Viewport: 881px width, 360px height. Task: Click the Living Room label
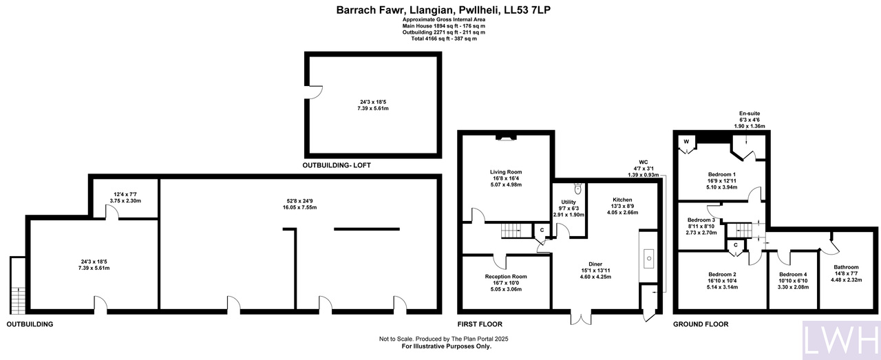(x=506, y=172)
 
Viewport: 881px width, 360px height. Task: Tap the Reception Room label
(x=506, y=277)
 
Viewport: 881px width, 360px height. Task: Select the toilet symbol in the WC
(x=577, y=189)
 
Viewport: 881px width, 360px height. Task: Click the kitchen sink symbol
(x=649, y=259)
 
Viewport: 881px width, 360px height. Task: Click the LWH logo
(x=841, y=340)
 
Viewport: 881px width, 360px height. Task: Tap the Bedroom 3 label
(x=701, y=220)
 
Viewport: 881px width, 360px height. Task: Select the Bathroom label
(x=846, y=267)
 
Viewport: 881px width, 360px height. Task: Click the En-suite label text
(x=750, y=114)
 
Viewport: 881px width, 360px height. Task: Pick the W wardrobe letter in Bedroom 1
(x=686, y=142)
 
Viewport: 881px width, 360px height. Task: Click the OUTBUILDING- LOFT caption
(x=337, y=165)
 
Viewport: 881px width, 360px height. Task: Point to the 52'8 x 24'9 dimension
(x=299, y=201)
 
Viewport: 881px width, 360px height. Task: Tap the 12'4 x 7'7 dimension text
(x=125, y=194)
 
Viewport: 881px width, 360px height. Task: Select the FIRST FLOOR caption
(x=480, y=324)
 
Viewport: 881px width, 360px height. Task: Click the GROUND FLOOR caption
(x=701, y=324)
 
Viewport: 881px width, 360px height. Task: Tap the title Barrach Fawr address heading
(x=443, y=10)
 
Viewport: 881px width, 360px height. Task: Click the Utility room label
(x=569, y=202)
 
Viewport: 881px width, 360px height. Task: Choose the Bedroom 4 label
(x=793, y=274)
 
